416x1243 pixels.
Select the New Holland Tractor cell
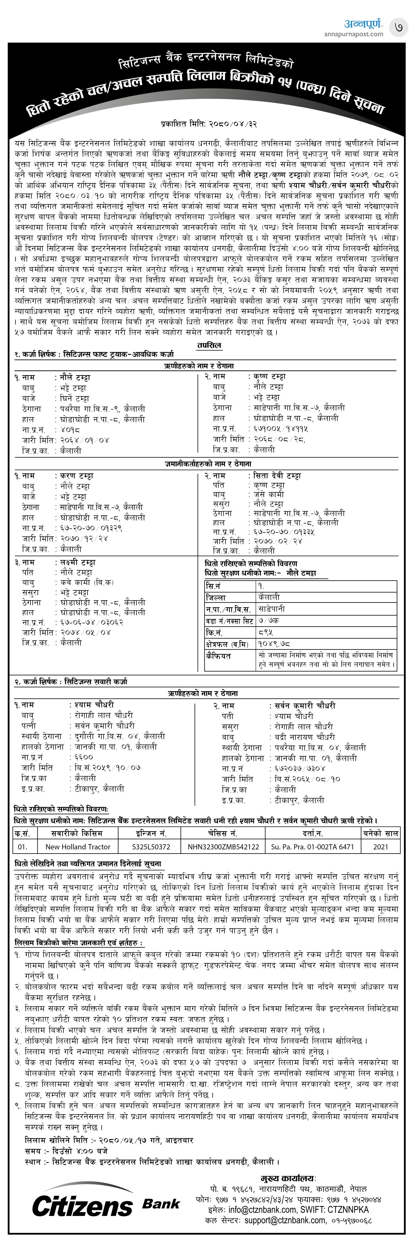click(78, 846)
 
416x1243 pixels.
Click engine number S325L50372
click(151, 846)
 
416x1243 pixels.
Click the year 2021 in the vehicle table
click(381, 846)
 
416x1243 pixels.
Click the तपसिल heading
click(209, 345)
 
